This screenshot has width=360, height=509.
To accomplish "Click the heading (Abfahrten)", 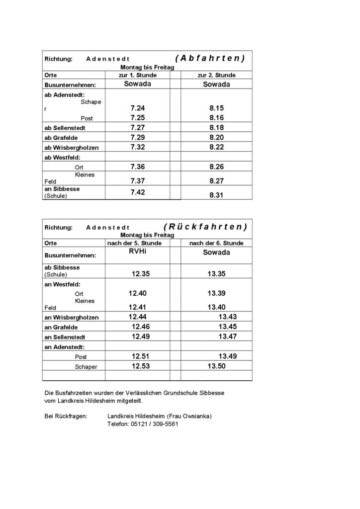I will tap(210, 58).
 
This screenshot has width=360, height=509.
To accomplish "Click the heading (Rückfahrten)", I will tap(205, 227).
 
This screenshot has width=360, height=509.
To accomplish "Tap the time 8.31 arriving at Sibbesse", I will tap(216, 195).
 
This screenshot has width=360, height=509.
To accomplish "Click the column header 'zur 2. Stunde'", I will tap(216, 75).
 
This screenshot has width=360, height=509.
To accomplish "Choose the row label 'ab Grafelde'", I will tap(61, 137).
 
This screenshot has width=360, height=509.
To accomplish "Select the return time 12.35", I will tap(141, 273).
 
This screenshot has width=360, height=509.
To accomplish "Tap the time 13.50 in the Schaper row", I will tap(216, 366).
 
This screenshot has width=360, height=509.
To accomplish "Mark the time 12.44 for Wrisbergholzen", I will tap(139, 317).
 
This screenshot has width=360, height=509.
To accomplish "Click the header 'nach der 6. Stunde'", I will tap(216, 243).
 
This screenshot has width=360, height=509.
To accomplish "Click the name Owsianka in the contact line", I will tap(194, 416).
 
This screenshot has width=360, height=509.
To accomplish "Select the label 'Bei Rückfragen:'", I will tap(66, 416).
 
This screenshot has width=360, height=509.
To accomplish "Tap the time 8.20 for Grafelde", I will tap(216, 137).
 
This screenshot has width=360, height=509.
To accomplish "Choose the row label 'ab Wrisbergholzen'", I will tap(72, 147).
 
